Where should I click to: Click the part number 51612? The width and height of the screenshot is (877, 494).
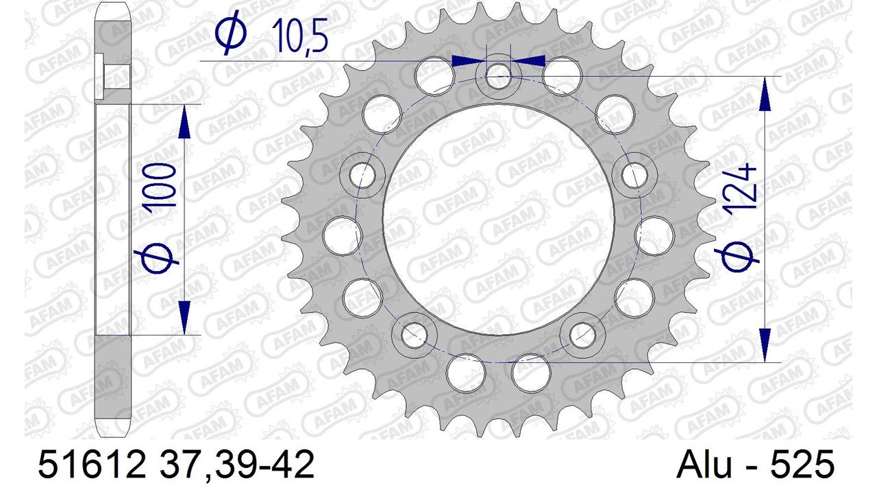pos(91,464)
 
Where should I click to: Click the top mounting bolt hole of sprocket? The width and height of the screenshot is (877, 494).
pos(498,76)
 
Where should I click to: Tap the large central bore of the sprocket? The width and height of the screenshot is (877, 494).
pos(498,220)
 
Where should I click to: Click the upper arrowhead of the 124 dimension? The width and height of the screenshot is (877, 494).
pos(764,94)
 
